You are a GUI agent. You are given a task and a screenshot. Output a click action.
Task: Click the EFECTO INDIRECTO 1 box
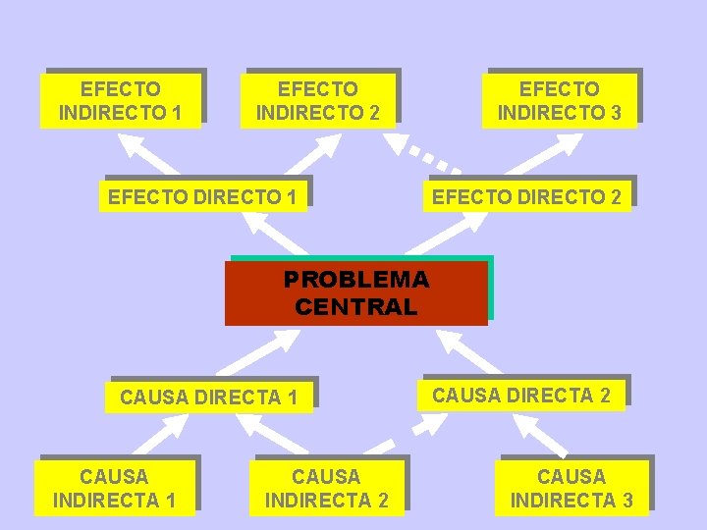pyautogui.click(x=120, y=101)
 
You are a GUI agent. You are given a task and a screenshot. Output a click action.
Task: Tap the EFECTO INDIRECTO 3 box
pyautogui.click(x=559, y=101)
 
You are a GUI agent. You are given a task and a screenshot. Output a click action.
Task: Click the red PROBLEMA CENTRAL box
pyautogui.click(x=355, y=292)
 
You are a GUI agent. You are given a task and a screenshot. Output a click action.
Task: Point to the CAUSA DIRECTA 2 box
pyautogui.click(x=521, y=396)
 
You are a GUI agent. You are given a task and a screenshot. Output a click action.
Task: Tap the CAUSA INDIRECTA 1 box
pyautogui.click(x=114, y=489)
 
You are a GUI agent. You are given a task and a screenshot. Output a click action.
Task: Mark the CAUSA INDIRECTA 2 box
pyautogui.click(x=326, y=489)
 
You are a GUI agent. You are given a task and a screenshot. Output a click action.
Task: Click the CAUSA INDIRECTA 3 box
pyautogui.click(x=571, y=489)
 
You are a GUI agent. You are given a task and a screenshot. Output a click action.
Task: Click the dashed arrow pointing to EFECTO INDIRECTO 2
pyautogui.click(x=422, y=152)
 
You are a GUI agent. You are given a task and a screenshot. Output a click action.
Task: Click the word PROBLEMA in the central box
pyautogui.click(x=355, y=280)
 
